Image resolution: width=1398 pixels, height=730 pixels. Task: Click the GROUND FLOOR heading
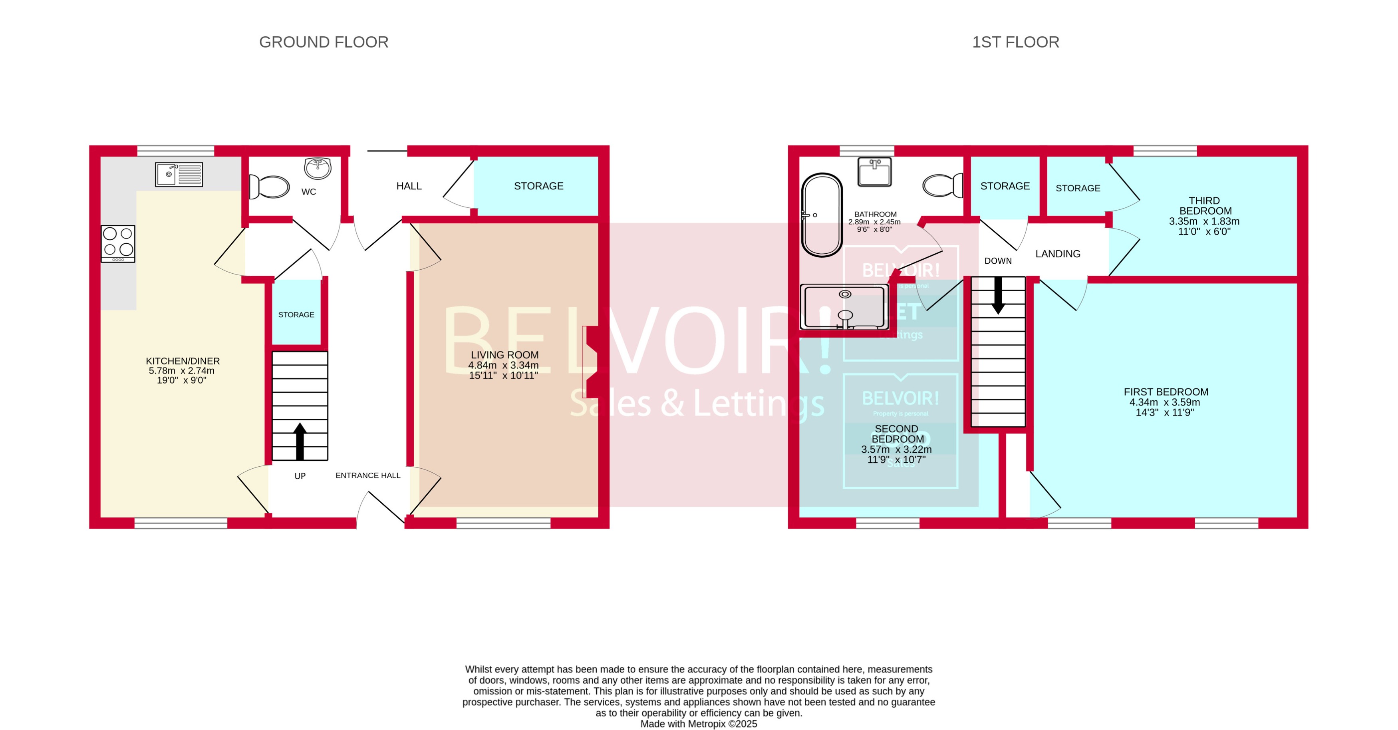[x=324, y=42]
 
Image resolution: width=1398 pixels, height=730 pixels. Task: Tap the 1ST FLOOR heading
[x=1015, y=42]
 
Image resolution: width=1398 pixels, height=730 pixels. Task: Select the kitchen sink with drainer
[x=179, y=174]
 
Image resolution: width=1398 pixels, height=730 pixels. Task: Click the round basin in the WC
[x=318, y=168]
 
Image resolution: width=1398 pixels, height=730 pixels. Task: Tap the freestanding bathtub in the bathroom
[x=822, y=215]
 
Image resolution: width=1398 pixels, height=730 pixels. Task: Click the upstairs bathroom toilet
[x=942, y=185]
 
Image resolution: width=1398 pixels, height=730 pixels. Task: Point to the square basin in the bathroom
[x=874, y=171]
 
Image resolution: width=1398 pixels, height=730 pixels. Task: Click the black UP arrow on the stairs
[x=300, y=441]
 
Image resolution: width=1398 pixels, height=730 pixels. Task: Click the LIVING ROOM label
[x=504, y=355]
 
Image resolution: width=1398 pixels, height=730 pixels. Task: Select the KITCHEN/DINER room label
[x=183, y=361]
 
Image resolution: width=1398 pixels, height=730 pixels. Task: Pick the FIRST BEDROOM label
[x=1165, y=392]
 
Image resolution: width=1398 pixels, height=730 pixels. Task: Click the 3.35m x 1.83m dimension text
[x=1204, y=221]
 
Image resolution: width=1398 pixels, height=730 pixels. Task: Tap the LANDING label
[x=1057, y=254]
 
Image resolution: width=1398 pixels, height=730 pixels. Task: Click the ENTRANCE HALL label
[x=367, y=475]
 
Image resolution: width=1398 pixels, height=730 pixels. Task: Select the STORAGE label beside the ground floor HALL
[x=538, y=186]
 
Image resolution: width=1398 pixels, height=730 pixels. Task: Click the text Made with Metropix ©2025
[x=699, y=724]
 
